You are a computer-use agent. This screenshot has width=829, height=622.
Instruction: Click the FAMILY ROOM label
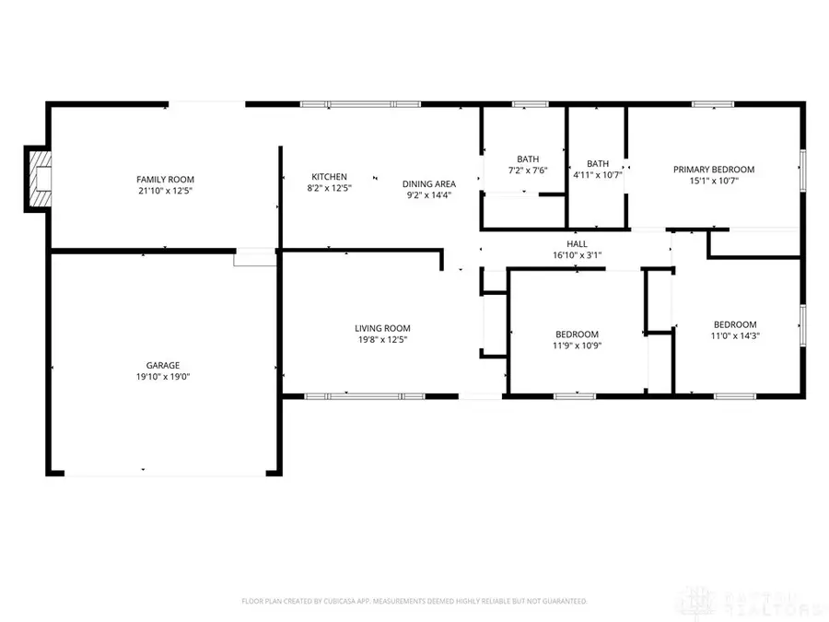pyautogui.click(x=166, y=180)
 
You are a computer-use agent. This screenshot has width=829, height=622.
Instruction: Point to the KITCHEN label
pyautogui.click(x=329, y=177)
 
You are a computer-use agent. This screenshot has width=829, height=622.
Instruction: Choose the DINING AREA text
pyautogui.click(x=429, y=183)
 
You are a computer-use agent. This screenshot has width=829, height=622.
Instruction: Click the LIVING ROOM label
pyautogui.click(x=382, y=328)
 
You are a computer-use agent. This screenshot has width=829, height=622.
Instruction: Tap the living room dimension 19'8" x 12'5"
pyautogui.click(x=382, y=339)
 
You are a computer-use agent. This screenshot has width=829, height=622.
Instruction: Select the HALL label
pyautogui.click(x=577, y=243)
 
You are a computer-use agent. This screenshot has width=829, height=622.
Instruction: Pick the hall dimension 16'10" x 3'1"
pyautogui.click(x=577, y=254)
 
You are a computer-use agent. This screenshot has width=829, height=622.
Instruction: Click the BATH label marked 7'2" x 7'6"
pyautogui.click(x=528, y=158)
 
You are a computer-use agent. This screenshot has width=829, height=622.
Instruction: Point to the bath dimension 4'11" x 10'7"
pyautogui.click(x=598, y=175)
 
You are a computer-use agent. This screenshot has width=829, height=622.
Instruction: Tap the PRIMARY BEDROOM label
pyautogui.click(x=714, y=170)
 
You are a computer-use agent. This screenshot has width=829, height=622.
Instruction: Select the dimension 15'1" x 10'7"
pyautogui.click(x=714, y=181)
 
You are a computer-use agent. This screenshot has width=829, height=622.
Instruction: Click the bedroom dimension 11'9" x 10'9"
pyautogui.click(x=577, y=346)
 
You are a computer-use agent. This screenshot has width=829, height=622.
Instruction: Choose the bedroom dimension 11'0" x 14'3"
pyautogui.click(x=735, y=335)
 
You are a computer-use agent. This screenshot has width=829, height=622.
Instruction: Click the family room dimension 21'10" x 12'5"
pyautogui.click(x=166, y=191)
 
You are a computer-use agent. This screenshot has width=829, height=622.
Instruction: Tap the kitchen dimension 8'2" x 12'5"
pyautogui.click(x=329, y=188)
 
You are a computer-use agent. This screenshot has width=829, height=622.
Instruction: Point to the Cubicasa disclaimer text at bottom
pyautogui.click(x=414, y=601)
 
